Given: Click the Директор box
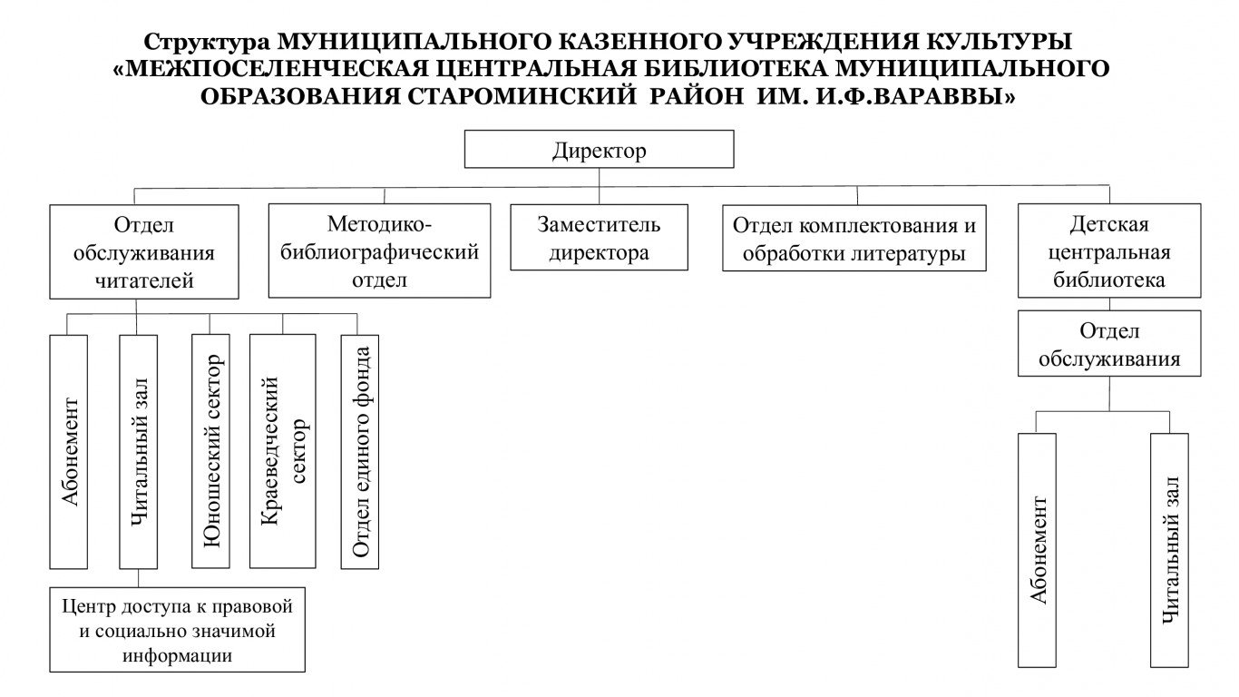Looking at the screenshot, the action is click(599, 149).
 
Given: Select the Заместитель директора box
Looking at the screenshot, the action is click(599, 238).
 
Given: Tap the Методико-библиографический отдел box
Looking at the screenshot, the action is click(379, 250).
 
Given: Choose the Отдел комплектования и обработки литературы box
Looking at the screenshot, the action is click(854, 238).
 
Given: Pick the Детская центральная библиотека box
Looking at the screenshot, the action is click(1109, 250).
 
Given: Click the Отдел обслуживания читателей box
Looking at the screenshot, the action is click(144, 252).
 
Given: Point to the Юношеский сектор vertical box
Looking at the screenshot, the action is click(210, 451).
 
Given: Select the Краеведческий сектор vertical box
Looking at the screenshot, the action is click(283, 451).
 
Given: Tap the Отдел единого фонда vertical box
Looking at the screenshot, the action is click(359, 452).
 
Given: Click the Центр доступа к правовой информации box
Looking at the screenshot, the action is click(177, 630).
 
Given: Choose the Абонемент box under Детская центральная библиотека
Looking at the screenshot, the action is click(1037, 550).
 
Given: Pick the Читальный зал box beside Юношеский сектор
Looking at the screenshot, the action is click(138, 452).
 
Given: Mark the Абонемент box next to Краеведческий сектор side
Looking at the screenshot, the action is click(69, 452).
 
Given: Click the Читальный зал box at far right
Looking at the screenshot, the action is click(1169, 550).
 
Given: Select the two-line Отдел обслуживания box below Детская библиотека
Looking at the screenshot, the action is click(1109, 343).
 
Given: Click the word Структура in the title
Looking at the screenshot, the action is click(208, 42).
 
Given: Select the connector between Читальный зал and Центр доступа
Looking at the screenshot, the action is click(138, 578).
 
